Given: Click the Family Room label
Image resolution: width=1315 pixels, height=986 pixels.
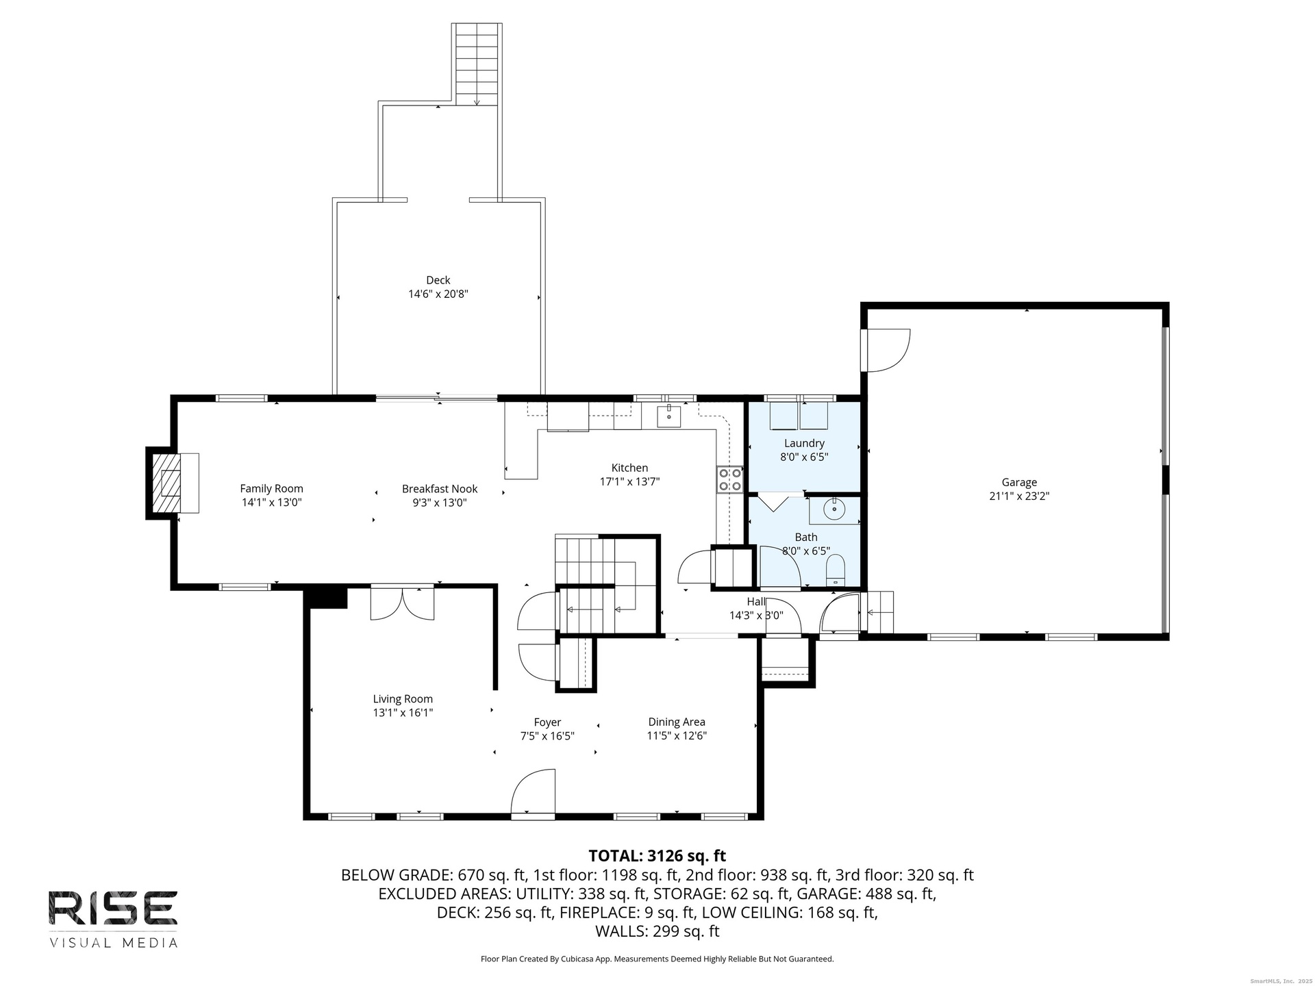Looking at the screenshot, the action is point(271,489).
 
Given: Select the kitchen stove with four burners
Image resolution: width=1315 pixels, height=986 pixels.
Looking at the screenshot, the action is point(730,479).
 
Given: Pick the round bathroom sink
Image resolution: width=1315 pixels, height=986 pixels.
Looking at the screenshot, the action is point(834,509).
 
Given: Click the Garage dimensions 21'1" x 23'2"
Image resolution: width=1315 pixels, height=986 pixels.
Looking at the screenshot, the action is point(1019,496).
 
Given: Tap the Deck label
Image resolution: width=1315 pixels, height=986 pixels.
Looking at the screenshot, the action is point(438,280).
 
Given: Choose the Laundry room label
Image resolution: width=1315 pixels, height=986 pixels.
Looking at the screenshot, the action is point(804,444).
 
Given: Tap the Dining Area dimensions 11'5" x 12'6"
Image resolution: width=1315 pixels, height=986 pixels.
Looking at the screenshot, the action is point(677,736).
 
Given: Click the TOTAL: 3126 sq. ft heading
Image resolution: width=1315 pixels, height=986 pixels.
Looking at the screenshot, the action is point(657,856).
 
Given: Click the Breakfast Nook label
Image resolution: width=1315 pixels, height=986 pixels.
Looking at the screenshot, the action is point(440,489).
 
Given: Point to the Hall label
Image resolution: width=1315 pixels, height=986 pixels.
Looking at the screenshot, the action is point(756,602).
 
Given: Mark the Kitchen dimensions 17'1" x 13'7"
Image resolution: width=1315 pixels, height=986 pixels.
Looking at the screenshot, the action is point(630,482).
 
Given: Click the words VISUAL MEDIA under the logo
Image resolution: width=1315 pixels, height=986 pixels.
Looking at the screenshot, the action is point(113,943).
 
